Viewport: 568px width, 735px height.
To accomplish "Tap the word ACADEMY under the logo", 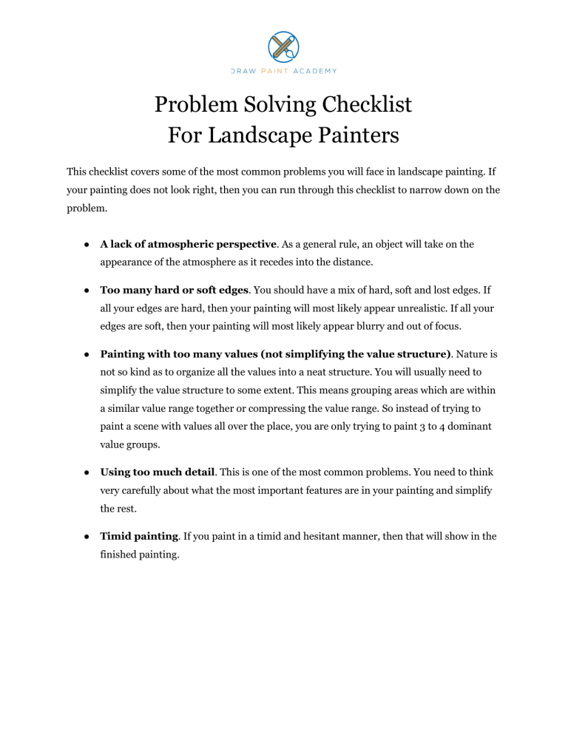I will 315,71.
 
